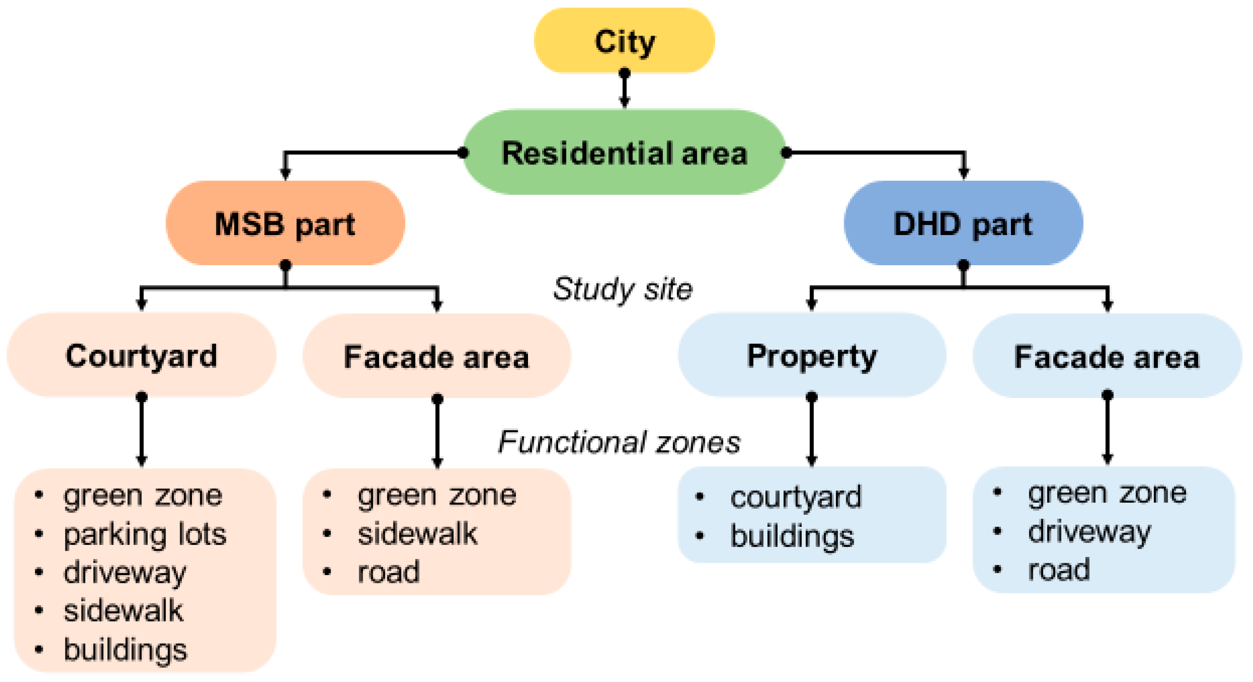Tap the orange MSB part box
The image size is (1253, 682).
click(285, 224)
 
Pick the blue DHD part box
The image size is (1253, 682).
click(963, 224)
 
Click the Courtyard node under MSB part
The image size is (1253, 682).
click(141, 356)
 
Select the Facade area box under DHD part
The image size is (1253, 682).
click(1107, 356)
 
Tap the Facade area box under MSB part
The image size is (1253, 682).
click(436, 356)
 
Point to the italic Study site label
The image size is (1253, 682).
click(623, 289)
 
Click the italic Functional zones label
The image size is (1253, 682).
click(619, 442)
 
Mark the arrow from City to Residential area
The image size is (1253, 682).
click(625, 90)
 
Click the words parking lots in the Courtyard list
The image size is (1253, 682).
click(145, 534)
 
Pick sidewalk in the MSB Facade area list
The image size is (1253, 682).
click(418, 533)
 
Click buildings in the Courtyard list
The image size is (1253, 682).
click(125, 649)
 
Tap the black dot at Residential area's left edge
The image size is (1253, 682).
click(463, 153)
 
